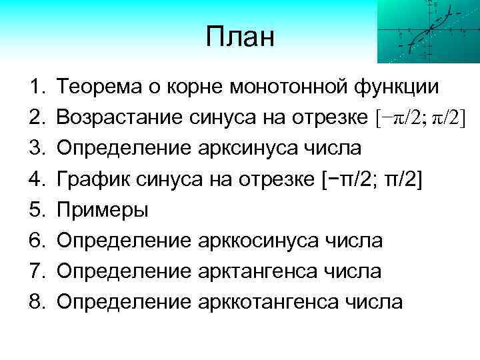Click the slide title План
point(240,37)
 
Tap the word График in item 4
point(85,178)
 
